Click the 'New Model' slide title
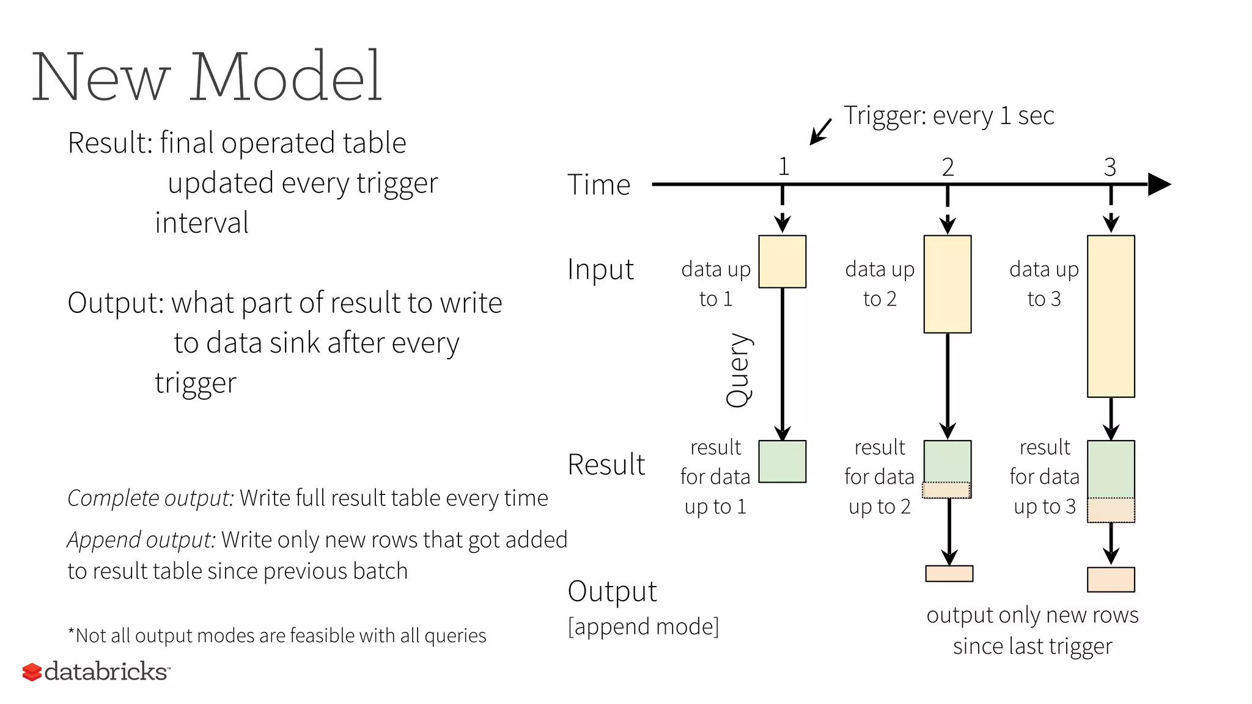(x=207, y=76)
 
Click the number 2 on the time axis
(x=948, y=167)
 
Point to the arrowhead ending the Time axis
(x=1159, y=184)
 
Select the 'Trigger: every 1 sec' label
(x=949, y=116)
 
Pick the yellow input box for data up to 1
(x=782, y=262)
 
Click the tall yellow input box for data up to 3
(x=1111, y=316)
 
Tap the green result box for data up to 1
(x=782, y=461)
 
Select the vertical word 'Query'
(x=738, y=370)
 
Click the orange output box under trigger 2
(x=949, y=573)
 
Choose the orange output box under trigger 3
(x=1111, y=579)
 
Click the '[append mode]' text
(x=643, y=626)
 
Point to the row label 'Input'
(x=600, y=269)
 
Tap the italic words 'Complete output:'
(x=150, y=498)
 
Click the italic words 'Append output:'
(x=141, y=540)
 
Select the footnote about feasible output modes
(x=277, y=636)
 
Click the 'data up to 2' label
(x=880, y=284)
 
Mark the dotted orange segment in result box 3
(x=1111, y=510)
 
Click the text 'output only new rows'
(x=1032, y=615)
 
